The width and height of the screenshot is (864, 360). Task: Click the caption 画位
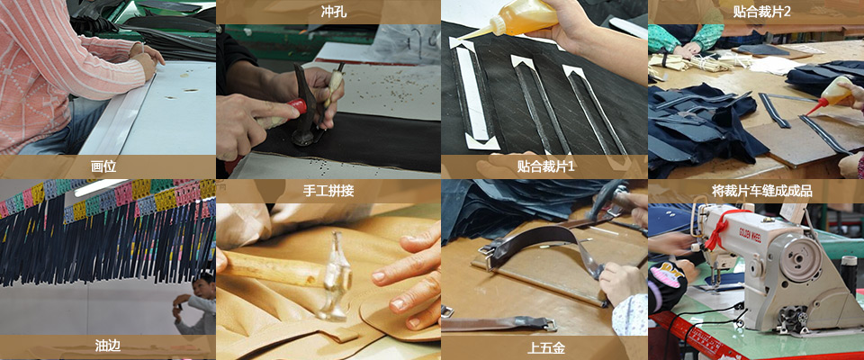coord(103,166)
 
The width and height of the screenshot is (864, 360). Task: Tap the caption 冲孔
coord(334,11)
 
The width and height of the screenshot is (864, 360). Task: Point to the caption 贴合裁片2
coord(761,11)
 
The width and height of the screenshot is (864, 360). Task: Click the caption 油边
coord(107,346)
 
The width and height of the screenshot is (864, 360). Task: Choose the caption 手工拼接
coord(328,192)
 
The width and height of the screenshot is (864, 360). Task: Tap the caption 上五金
coord(545,348)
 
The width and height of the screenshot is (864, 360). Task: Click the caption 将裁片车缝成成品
coord(761,192)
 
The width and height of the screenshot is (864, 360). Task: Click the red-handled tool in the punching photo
coord(281,113)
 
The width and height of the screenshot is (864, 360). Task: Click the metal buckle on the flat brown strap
coord(547,325)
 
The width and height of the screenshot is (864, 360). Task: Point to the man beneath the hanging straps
coord(195,305)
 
